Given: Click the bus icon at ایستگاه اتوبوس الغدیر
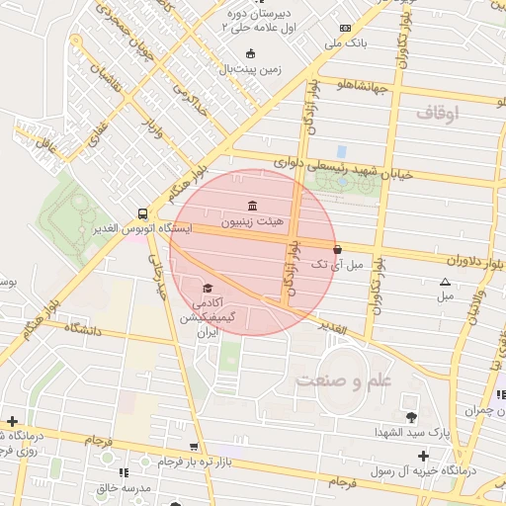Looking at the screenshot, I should coord(143,212).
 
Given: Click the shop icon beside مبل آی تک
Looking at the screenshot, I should coord(338,250).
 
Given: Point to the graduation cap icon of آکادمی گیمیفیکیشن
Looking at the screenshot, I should coord(208,287).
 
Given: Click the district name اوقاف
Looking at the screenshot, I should coord(437,114).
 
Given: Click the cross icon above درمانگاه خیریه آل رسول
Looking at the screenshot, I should coord(423,456).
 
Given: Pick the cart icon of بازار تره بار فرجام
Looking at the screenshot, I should coord(194,447).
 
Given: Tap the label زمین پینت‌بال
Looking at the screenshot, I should coord(250,69).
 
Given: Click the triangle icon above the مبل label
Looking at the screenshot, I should coord(445,283).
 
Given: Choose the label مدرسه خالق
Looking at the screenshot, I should coord(124,489).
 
